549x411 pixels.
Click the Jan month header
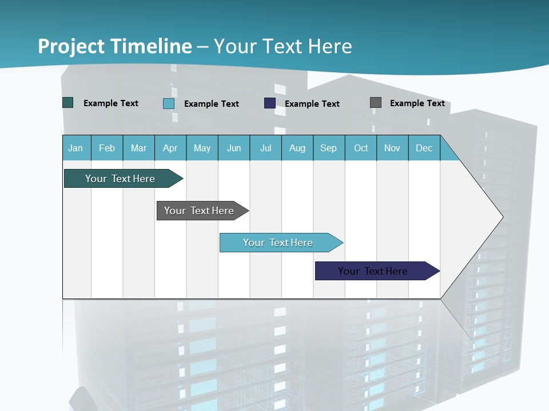pos(76,148)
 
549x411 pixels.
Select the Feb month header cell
pos(107,148)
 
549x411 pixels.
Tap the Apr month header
pos(170,148)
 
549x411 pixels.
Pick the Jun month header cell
pos(234,148)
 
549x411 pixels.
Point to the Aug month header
pos(297,148)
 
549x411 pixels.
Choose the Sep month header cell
pos(329,148)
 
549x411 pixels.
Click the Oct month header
pos(361,148)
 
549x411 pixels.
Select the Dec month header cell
pos(424,148)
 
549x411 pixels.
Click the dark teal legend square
pos(68,103)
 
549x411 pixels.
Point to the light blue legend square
pos(169,103)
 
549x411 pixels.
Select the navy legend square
pos(270,103)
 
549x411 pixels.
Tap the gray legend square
pos(376,103)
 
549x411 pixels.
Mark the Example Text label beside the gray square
pos(417,103)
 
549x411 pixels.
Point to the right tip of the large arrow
pos(502,217)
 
